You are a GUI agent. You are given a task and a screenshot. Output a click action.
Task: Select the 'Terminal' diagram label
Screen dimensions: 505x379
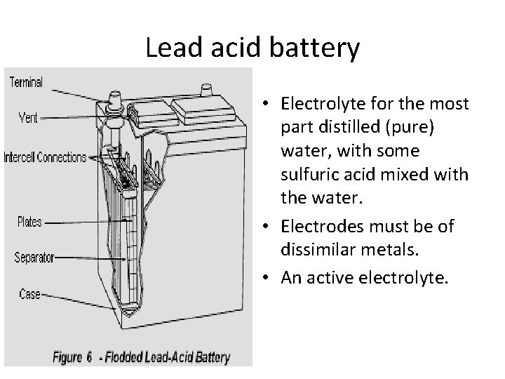coord(26,83)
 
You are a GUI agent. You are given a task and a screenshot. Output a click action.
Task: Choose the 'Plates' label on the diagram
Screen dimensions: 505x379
coord(29,223)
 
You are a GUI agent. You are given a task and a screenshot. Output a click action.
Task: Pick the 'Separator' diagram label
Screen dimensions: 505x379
coord(35,258)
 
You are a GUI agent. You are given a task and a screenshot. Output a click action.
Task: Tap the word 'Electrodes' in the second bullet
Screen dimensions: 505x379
coord(315,227)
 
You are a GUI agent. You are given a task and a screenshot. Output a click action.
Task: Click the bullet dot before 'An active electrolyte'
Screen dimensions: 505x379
coord(271,278)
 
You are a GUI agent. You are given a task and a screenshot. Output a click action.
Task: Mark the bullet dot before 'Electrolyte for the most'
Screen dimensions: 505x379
coord(271,105)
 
